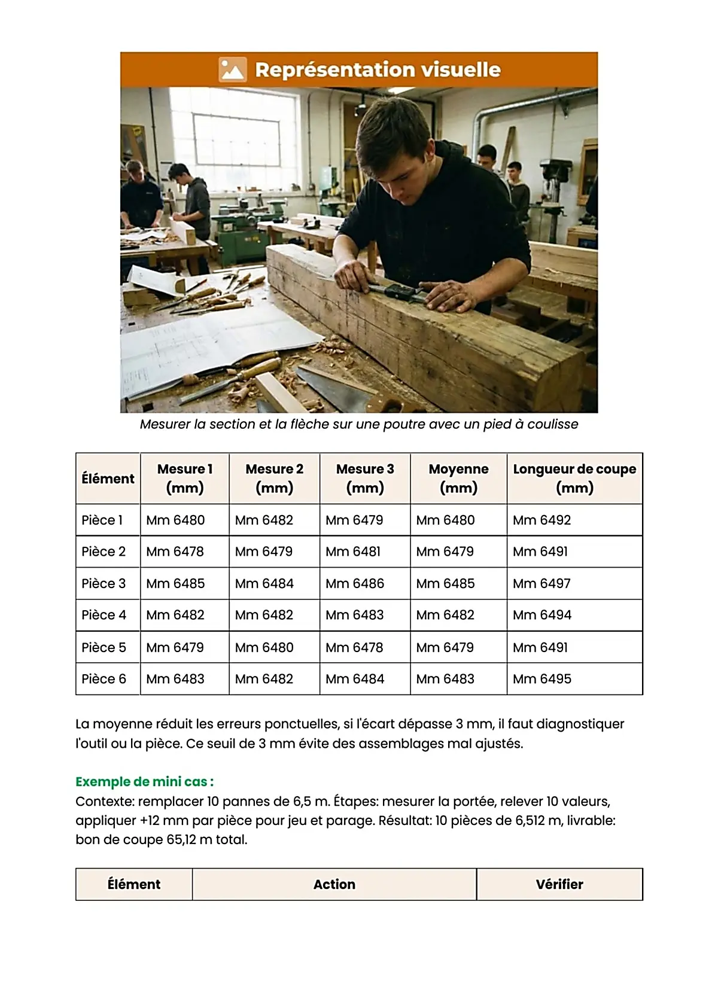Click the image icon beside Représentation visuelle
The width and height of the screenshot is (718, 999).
[x=232, y=69]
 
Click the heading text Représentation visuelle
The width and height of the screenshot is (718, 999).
[x=377, y=69]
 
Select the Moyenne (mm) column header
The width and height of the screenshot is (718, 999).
[x=458, y=478]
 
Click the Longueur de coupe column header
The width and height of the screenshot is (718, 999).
[x=574, y=478]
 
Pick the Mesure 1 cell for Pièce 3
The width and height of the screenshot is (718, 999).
[x=175, y=583]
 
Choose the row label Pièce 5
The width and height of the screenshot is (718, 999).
[x=104, y=647]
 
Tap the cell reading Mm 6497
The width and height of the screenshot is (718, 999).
[x=541, y=583]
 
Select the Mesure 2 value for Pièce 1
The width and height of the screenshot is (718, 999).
[x=264, y=520]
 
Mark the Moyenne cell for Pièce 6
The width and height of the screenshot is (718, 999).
[x=445, y=679]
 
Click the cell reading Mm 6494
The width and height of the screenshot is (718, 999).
[x=542, y=615]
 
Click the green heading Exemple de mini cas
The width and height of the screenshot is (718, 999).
[x=144, y=781]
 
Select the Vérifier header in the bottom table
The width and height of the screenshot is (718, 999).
[x=559, y=884]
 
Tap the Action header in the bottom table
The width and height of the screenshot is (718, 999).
[x=334, y=884]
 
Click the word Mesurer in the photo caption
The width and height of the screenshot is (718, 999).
[x=165, y=424]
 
